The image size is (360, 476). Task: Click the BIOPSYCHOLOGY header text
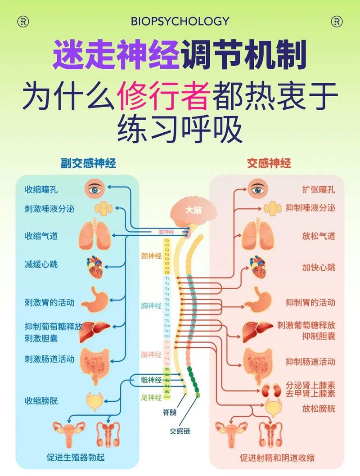[180, 21]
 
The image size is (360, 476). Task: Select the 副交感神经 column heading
[88, 163]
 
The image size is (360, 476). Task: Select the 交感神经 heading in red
[269, 163]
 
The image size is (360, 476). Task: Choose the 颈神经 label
[151, 256]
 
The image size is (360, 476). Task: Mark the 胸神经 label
[151, 306]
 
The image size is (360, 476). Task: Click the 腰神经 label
[151, 355]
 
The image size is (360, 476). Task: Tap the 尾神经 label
[151, 397]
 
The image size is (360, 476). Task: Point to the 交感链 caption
[180, 431]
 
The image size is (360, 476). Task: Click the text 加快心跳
[319, 268]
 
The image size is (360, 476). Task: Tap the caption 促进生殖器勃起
[76, 458]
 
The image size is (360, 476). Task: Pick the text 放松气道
[319, 236]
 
